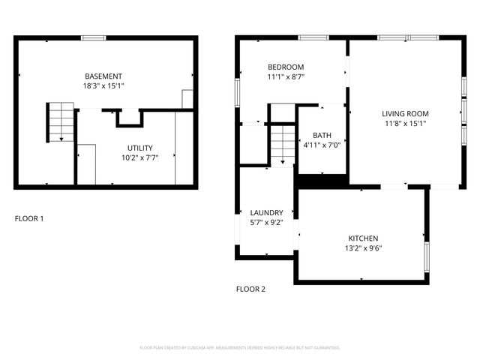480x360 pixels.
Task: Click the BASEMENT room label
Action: [x=103, y=76]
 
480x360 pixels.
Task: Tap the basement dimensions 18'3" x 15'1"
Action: [x=103, y=86]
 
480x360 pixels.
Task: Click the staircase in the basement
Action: [x=58, y=122]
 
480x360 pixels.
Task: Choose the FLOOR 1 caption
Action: [x=29, y=219]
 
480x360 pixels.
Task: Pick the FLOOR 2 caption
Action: [x=250, y=289]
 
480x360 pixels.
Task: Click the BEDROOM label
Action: [x=286, y=67]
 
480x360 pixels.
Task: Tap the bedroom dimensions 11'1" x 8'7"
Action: [x=286, y=76]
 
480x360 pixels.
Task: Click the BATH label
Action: [x=322, y=135]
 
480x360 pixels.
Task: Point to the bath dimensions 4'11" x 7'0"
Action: [x=322, y=145]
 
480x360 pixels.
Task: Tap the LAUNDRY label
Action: [x=266, y=213]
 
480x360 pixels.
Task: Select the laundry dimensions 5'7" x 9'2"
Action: [x=266, y=223]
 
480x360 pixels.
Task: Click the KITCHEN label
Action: [x=363, y=238]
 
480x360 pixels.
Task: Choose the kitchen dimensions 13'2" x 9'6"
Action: [x=363, y=247]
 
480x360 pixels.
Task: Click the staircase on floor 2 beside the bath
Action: [x=282, y=143]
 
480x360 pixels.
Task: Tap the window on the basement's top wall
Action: [x=93, y=37]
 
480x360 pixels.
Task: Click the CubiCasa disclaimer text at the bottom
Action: [x=240, y=348]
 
